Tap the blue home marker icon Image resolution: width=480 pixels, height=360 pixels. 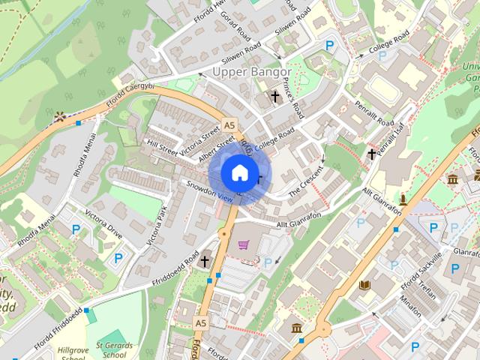238,173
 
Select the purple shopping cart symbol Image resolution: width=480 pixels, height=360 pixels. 243,244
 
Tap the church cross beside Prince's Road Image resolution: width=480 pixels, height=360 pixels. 275,97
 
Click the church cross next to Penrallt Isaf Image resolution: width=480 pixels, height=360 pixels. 372,154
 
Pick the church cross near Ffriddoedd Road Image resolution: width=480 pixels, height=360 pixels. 205,261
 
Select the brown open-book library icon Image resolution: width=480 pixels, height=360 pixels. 364,285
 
